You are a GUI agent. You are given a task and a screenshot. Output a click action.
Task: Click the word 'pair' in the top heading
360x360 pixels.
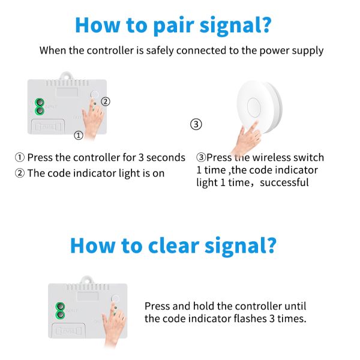173,26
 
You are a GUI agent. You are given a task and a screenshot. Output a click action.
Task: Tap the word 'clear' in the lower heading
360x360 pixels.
173,245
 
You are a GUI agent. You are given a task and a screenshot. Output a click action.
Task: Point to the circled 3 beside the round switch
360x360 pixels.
196,124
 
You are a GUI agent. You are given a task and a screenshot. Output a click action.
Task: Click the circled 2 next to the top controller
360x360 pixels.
106,101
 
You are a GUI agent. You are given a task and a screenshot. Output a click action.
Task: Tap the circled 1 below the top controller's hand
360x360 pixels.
78,135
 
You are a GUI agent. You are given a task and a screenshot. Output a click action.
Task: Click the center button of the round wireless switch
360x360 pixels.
254,107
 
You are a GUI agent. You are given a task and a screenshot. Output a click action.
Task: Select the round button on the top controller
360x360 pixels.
94,94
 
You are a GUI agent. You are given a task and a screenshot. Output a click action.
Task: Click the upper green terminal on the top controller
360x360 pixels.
39,103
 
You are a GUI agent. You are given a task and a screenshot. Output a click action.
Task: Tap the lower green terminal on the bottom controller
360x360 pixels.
60,314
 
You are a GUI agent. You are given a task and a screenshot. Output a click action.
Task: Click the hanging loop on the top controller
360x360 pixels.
66,76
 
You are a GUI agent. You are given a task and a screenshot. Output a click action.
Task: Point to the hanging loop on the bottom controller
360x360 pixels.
87,280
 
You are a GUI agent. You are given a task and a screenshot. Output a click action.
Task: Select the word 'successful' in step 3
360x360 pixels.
284,182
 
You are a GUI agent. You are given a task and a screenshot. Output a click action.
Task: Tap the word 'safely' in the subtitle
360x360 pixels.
160,51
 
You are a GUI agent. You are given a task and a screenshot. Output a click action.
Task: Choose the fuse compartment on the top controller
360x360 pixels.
48,126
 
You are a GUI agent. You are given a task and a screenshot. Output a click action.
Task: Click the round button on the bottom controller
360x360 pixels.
115,299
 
